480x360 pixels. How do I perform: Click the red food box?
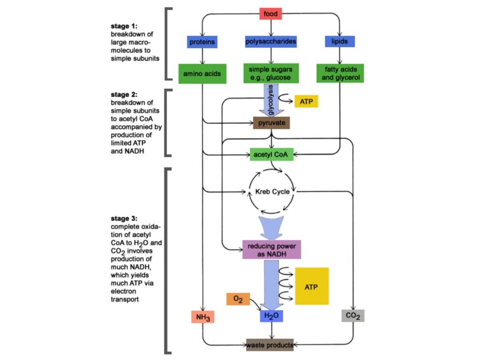click(271, 14)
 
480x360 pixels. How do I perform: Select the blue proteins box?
click(202, 42)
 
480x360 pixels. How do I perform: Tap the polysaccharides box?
click(271, 42)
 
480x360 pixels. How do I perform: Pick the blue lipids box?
click(340, 42)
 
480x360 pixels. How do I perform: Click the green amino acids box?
click(202, 74)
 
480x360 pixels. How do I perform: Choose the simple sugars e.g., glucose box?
click(271, 74)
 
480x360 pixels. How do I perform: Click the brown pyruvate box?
click(271, 123)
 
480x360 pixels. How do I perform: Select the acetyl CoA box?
click(271, 154)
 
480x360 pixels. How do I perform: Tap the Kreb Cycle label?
click(272, 192)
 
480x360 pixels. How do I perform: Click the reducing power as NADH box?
click(271, 250)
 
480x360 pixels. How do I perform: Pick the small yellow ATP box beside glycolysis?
click(306, 101)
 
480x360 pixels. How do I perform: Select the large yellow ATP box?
click(312, 286)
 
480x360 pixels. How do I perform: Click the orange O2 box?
click(238, 300)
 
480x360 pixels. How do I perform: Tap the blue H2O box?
click(271, 316)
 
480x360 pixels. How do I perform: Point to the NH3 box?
click(202, 317)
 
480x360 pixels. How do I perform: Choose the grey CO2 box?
click(352, 316)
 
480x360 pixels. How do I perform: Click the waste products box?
click(270, 345)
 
